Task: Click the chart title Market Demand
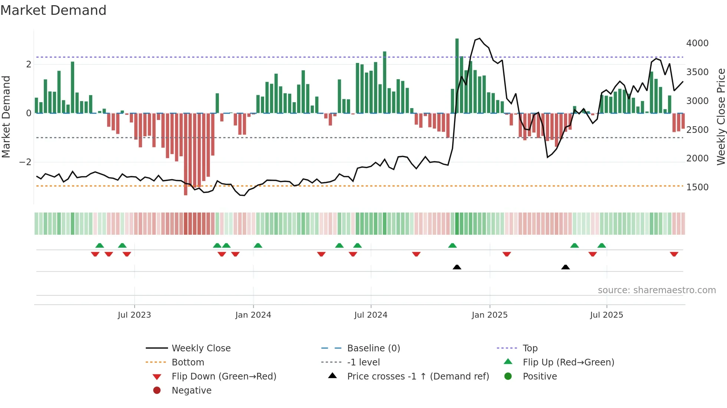(x=53, y=10)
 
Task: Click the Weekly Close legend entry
(x=201, y=348)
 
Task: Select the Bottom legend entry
(x=188, y=362)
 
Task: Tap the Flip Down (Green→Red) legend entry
(x=224, y=377)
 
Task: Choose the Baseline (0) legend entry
(x=373, y=348)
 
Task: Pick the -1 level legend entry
(x=363, y=362)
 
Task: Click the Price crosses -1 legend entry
(x=418, y=377)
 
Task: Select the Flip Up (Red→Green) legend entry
(x=568, y=362)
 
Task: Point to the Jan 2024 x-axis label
(x=253, y=315)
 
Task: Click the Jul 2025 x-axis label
(x=606, y=315)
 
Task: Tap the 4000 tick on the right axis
(x=697, y=43)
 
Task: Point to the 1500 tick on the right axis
(x=697, y=187)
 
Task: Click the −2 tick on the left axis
(x=25, y=162)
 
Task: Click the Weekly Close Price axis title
(x=721, y=117)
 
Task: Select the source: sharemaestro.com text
(x=657, y=290)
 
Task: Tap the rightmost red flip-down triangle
(x=674, y=254)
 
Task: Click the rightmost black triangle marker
(x=565, y=267)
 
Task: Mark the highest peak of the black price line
(x=480, y=39)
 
